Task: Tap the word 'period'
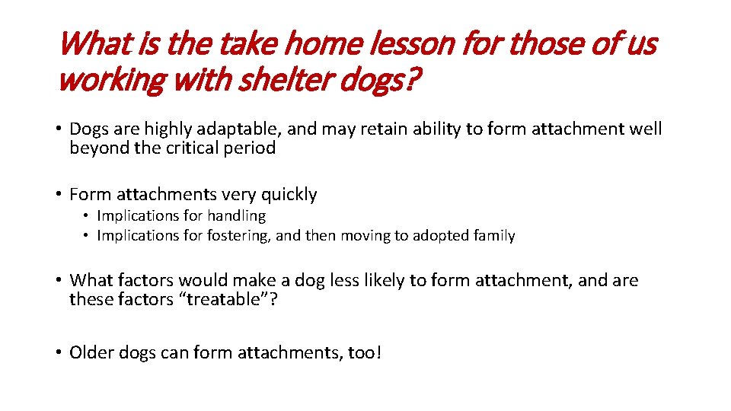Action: (251, 148)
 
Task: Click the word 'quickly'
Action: (287, 195)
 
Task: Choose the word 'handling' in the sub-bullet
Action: (235, 216)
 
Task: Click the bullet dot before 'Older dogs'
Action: (59, 352)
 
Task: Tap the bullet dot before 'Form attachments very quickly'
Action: (59, 195)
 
